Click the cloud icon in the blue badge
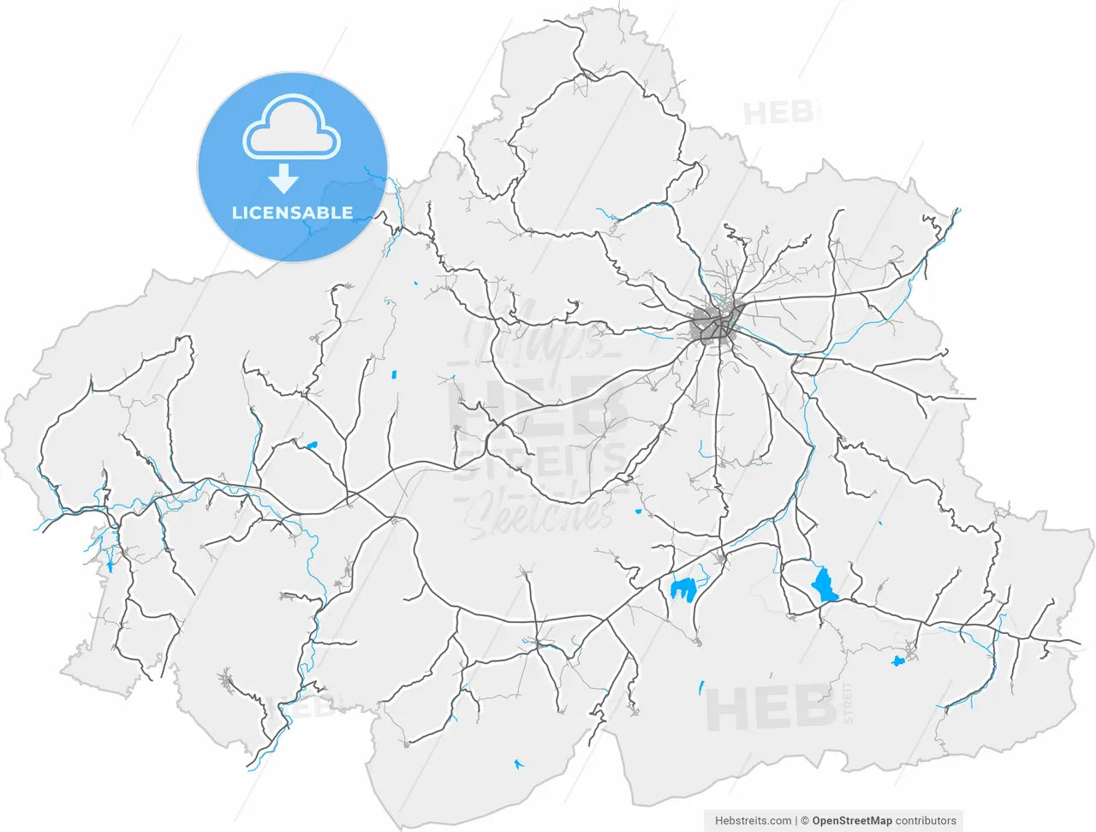292,128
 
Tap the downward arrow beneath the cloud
283,178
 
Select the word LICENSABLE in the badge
292,212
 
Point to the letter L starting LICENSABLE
237,212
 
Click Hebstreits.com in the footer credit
753,821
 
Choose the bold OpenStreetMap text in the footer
852,821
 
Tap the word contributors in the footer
926,821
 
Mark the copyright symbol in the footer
805,821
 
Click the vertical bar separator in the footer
796,821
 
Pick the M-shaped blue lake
682,589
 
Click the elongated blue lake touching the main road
825,584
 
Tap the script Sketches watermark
539,514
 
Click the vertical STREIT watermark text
849,703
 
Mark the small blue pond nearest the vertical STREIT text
897,661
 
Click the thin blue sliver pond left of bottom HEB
701,686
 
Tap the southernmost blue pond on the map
517,763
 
